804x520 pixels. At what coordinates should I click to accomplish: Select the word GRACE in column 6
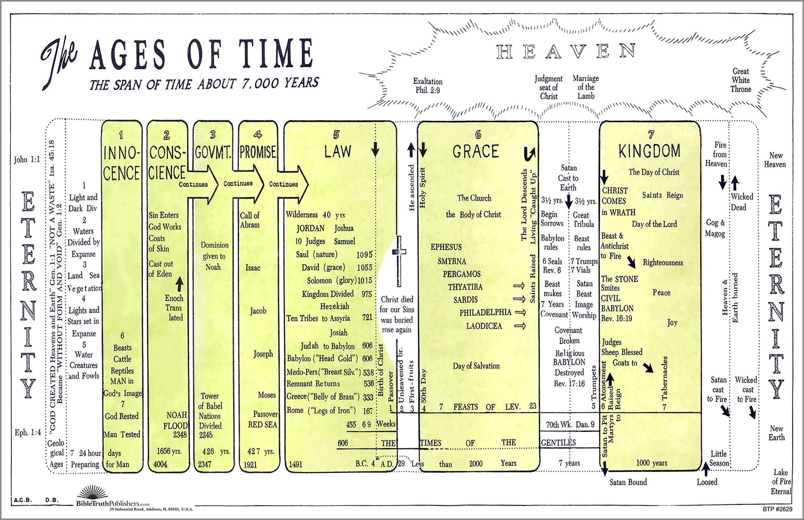click(475, 151)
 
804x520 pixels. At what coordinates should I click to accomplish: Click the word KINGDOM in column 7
click(649, 151)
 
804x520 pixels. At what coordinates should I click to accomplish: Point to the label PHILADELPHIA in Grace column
click(485, 313)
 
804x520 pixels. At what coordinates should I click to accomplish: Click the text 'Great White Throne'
click(741, 80)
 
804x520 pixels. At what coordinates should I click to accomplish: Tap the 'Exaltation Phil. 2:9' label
click(428, 86)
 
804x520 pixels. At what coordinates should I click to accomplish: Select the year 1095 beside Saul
click(364, 255)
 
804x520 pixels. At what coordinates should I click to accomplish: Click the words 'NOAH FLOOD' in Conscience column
click(176, 420)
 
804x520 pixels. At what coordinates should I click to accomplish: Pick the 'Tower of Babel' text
click(210, 401)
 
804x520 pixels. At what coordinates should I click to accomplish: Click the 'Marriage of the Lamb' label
click(586, 87)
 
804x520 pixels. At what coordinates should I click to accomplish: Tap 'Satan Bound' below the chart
click(628, 482)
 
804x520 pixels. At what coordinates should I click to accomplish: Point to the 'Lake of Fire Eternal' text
click(781, 482)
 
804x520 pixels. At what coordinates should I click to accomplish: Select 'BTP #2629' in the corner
click(777, 509)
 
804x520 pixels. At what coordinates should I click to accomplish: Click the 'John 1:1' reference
click(27, 159)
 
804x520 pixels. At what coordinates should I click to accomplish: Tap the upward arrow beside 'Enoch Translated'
click(179, 284)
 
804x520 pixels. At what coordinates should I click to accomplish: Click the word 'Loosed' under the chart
click(707, 482)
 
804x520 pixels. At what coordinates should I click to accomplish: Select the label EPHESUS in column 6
click(446, 247)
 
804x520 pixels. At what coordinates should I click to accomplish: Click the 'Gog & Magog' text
click(715, 228)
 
